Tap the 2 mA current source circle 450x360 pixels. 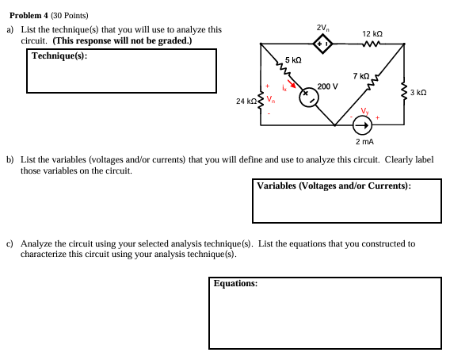point(361,124)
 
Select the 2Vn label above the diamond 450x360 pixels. point(323,28)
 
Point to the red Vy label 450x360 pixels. point(364,110)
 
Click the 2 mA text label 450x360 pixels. point(364,142)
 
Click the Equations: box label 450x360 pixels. point(235,282)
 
